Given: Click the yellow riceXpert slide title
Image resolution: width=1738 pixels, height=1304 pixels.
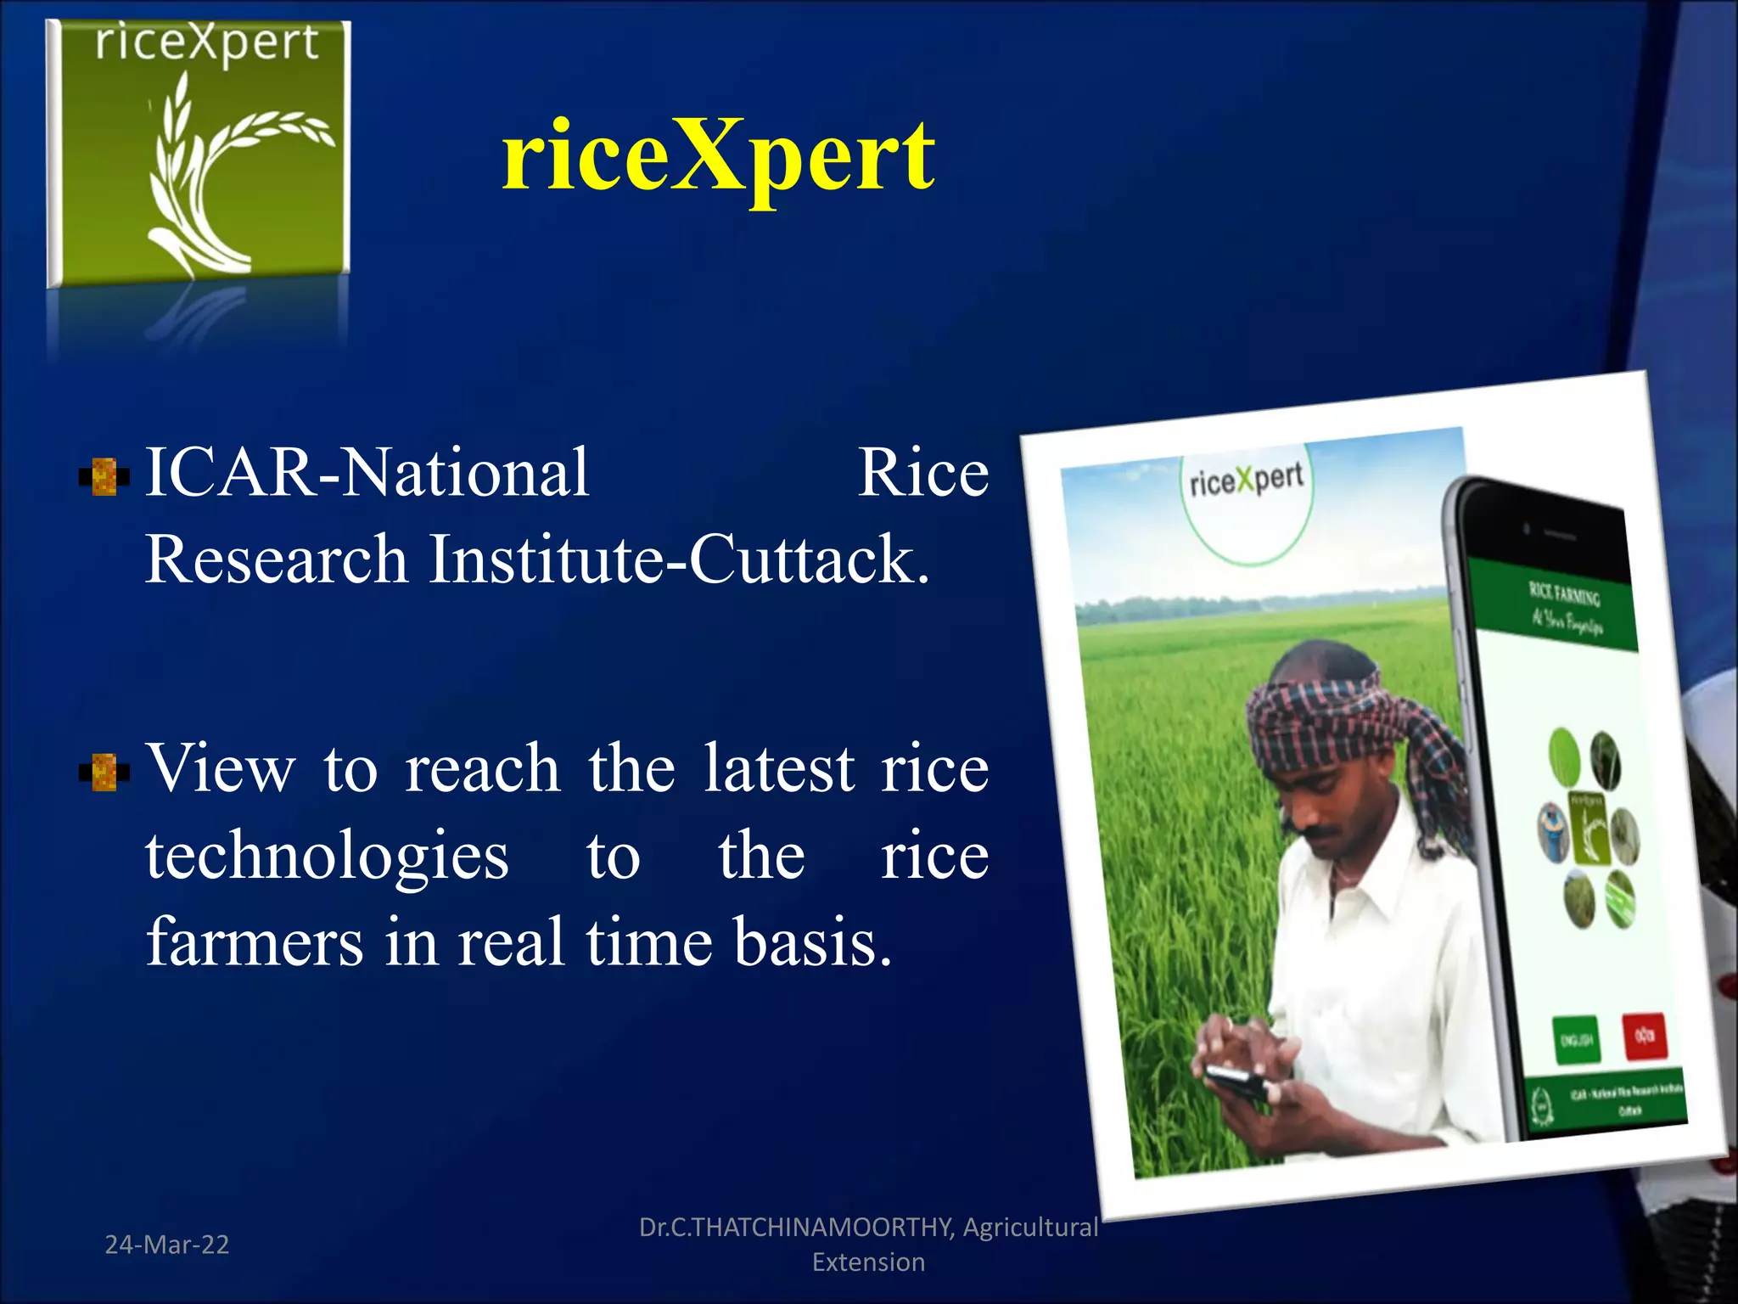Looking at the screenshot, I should (718, 157).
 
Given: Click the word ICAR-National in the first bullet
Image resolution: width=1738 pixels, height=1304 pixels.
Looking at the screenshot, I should (367, 473).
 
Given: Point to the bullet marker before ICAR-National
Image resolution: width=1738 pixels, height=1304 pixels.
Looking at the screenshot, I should (104, 476).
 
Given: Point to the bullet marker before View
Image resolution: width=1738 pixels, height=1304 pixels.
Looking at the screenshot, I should (104, 772).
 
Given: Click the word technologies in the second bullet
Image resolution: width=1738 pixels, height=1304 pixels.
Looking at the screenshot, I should (327, 856).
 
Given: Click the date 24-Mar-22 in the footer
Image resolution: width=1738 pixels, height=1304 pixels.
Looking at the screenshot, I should (166, 1245).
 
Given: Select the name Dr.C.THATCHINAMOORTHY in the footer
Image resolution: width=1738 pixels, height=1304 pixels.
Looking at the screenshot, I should (796, 1228).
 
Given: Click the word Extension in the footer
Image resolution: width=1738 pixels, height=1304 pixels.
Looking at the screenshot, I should (868, 1262).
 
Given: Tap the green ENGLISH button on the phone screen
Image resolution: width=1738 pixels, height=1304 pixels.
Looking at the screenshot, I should (1576, 1039).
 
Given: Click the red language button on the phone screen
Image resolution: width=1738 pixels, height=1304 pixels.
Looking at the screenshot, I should (1644, 1035).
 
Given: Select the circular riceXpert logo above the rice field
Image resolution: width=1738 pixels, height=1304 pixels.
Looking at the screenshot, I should (1246, 501).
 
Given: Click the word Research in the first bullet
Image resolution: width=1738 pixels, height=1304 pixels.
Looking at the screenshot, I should (276, 559).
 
